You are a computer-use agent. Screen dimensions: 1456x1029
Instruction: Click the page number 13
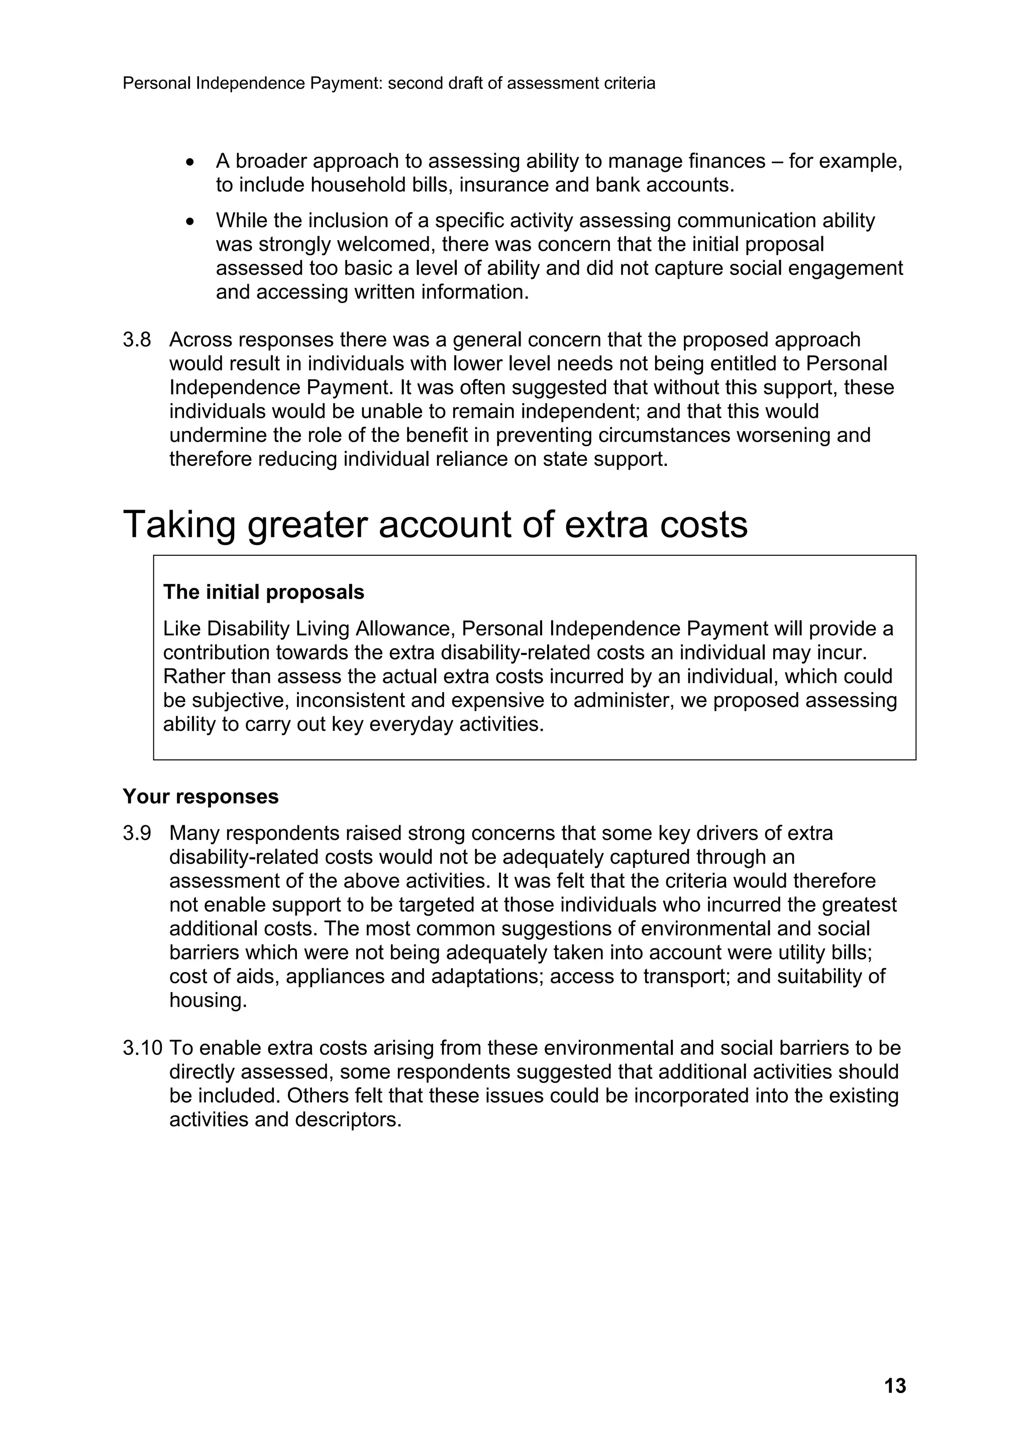pyautogui.click(x=894, y=1387)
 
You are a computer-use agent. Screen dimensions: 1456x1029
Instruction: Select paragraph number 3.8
pyautogui.click(x=137, y=340)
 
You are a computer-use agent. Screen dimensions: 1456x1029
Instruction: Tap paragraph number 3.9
pyautogui.click(x=137, y=833)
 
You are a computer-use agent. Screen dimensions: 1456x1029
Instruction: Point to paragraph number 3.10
pyautogui.click(x=143, y=1048)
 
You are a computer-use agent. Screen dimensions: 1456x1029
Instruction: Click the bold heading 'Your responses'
pyautogui.click(x=200, y=797)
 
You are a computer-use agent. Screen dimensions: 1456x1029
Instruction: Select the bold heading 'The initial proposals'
pyautogui.click(x=264, y=592)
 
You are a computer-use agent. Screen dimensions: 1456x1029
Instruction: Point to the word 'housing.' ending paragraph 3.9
pyautogui.click(x=208, y=1001)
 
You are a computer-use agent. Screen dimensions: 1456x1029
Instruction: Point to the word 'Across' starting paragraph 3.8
pyautogui.click(x=201, y=340)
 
